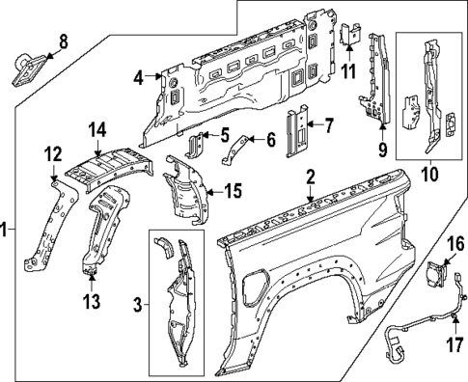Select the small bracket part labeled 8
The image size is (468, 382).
(x=27, y=69)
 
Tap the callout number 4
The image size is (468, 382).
(x=139, y=76)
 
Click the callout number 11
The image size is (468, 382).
(x=348, y=69)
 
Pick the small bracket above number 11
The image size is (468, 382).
(x=349, y=34)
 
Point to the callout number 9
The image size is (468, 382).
(x=382, y=150)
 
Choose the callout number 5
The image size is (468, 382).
(x=224, y=134)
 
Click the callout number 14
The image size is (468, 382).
(x=96, y=128)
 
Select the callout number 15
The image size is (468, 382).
(x=232, y=191)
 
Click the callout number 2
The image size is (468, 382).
(x=310, y=176)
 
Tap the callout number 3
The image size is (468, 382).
(x=137, y=305)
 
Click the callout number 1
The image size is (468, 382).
(x=6, y=230)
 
